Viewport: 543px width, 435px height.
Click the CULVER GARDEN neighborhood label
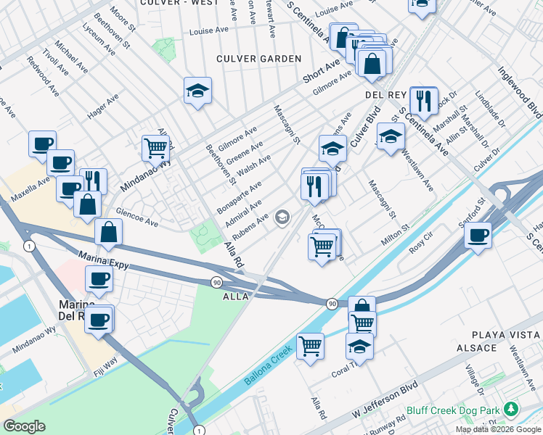pos(258,58)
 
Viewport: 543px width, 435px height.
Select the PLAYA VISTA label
pos(505,334)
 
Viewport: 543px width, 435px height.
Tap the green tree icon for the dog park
pos(512,410)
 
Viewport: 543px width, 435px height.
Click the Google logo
pos(24,426)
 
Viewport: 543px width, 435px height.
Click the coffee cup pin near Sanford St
pos(478,235)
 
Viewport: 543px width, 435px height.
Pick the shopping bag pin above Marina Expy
pos(108,232)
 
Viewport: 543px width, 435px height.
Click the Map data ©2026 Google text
pos(498,428)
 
